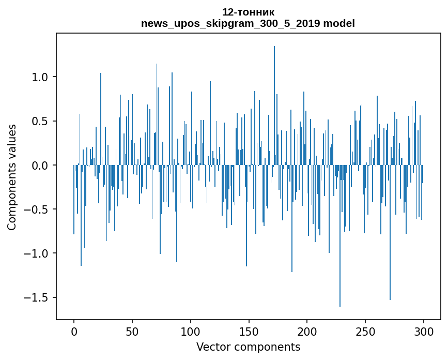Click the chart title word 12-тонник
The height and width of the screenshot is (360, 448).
pos(248,12)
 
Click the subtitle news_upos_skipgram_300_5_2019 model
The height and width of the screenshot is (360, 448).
pos(248,23)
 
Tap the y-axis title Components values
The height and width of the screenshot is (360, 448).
pos(12,177)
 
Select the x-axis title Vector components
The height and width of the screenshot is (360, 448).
pos(248,347)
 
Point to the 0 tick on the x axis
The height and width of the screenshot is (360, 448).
pos(74,331)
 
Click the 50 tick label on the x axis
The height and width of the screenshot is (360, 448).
pos(132,331)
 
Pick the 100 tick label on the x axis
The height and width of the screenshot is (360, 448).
pos(191,331)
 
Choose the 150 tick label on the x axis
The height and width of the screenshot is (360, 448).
pos(249,331)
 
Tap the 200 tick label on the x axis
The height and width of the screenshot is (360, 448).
pos(307,331)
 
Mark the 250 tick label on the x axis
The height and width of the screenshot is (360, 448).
pos(365,331)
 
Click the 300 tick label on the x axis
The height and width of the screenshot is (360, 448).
pos(424,331)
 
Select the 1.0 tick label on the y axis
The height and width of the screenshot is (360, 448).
pos(41,77)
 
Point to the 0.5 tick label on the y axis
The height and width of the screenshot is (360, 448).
pos(41,121)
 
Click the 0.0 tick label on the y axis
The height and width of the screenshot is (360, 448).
pos(41,166)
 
